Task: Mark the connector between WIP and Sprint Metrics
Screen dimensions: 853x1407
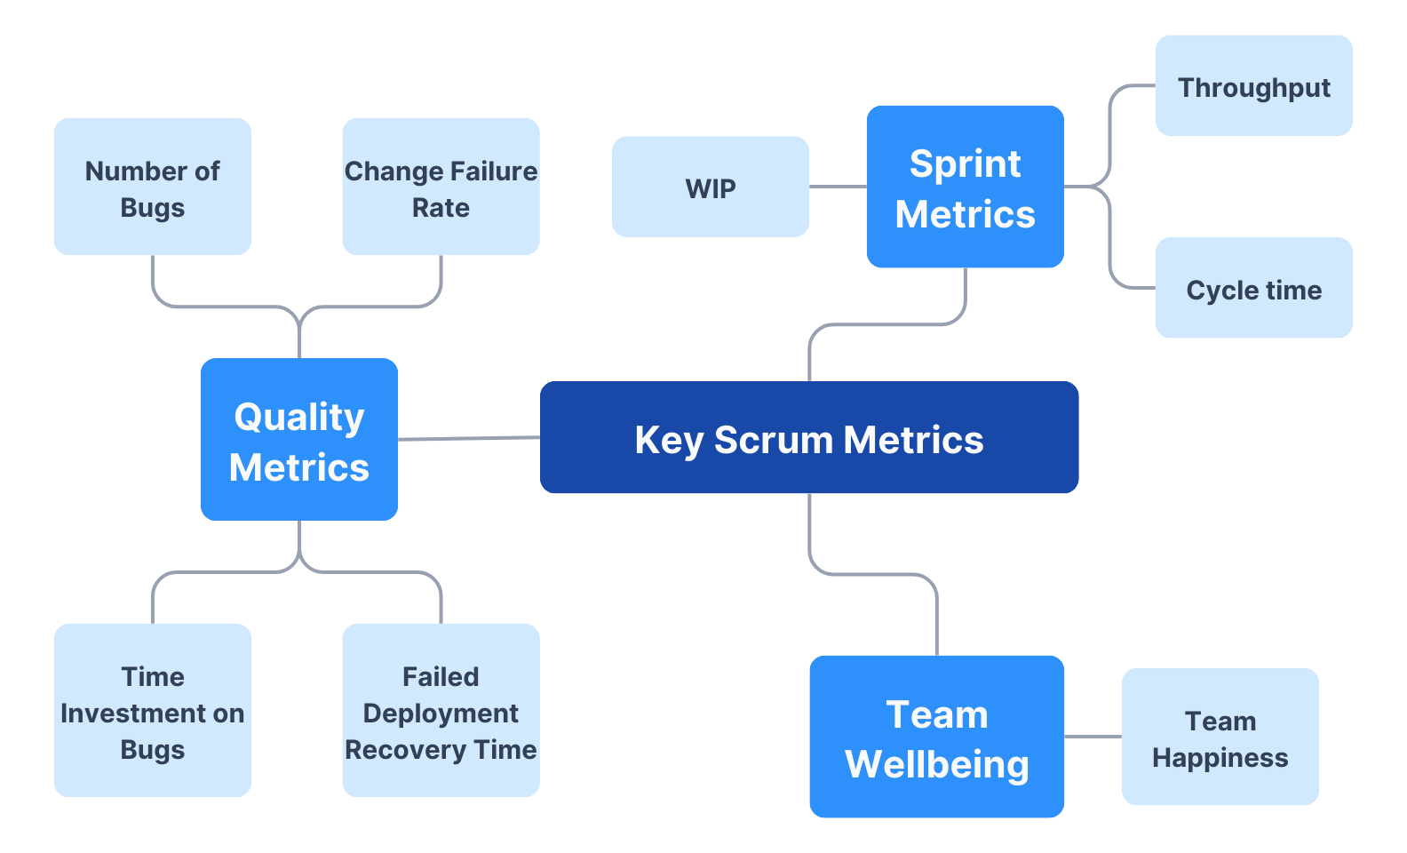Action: (838, 187)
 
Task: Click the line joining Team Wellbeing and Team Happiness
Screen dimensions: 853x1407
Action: (1093, 737)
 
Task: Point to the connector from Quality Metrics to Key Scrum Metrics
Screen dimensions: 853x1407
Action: (469, 438)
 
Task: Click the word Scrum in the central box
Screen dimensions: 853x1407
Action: (775, 440)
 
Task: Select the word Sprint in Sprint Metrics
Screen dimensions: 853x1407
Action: (965, 163)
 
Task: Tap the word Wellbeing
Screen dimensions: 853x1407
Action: (936, 764)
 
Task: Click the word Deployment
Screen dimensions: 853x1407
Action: (441, 713)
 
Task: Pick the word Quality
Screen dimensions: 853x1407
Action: (299, 417)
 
